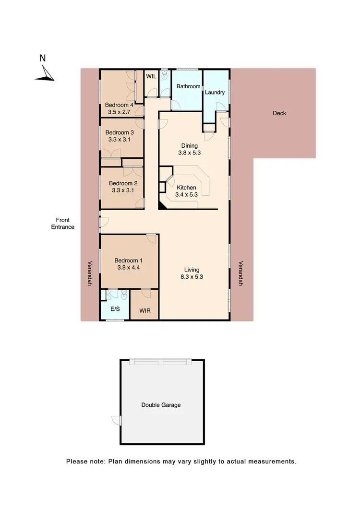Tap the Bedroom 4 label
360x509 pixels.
[x=119, y=105]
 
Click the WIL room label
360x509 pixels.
[x=151, y=76]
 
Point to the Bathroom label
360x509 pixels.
[x=188, y=86]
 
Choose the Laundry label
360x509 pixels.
[x=215, y=92]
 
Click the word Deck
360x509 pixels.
[x=279, y=113]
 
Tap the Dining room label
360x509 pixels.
[x=189, y=146]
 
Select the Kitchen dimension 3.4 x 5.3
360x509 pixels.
[x=186, y=195]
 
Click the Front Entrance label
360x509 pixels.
[x=63, y=224]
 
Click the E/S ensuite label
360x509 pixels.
[x=115, y=309]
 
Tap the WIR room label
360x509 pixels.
[x=145, y=310]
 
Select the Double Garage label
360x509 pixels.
[x=161, y=405]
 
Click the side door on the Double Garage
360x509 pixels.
[x=117, y=420]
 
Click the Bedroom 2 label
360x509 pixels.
[x=123, y=183]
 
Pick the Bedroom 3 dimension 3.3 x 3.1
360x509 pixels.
[x=118, y=140]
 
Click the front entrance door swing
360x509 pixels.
[x=104, y=222]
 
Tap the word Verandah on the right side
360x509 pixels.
[x=241, y=273]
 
